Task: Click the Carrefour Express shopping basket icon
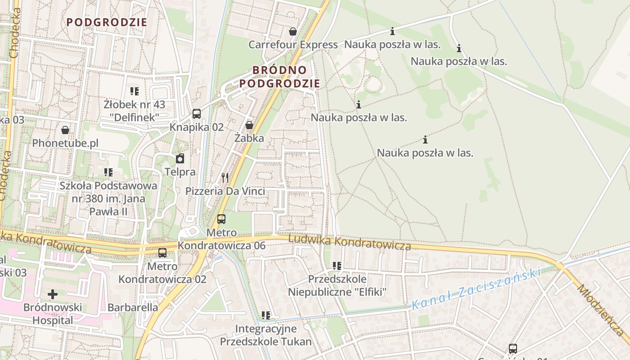[x=293, y=31]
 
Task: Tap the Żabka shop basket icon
[x=249, y=125]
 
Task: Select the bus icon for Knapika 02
[x=197, y=114]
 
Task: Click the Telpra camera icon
[x=180, y=158]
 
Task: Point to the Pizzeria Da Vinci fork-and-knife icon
[x=225, y=178]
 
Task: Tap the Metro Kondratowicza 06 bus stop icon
[x=221, y=219]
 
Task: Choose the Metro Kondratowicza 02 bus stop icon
[x=162, y=253]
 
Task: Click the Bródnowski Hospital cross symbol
[x=53, y=294]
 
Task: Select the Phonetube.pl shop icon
[x=65, y=130]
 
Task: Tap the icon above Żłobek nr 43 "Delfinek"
[x=134, y=91]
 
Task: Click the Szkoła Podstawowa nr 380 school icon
[x=108, y=172]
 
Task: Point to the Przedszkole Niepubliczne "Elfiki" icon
[x=337, y=266]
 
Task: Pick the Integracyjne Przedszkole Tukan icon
[x=266, y=315]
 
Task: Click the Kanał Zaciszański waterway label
[x=476, y=288]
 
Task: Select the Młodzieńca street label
[x=603, y=310]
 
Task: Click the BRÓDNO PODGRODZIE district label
[x=279, y=77]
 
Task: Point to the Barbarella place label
[x=133, y=307]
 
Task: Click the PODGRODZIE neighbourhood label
[x=107, y=22]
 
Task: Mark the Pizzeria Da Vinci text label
[x=225, y=191]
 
